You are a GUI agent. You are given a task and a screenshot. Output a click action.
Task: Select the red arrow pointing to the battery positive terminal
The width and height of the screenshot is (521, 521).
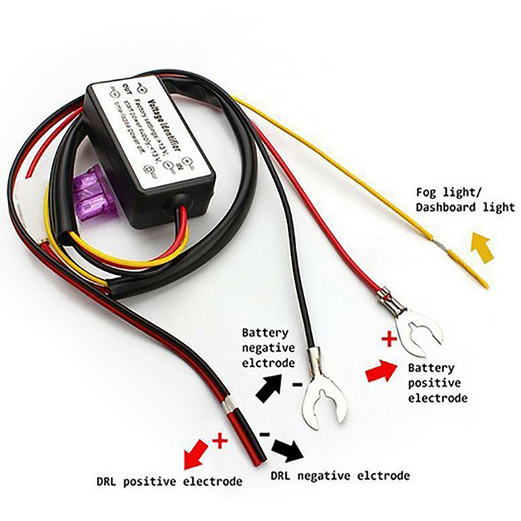[381, 372]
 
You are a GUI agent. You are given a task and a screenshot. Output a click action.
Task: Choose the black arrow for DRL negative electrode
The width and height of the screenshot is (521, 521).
[287, 449]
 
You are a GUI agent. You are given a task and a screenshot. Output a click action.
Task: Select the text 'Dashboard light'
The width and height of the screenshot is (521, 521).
[466, 208]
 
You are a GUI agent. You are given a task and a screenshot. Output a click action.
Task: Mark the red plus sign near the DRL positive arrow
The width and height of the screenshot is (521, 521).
[220, 442]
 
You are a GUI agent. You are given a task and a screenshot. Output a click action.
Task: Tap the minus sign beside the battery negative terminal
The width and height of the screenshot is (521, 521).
[297, 385]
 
